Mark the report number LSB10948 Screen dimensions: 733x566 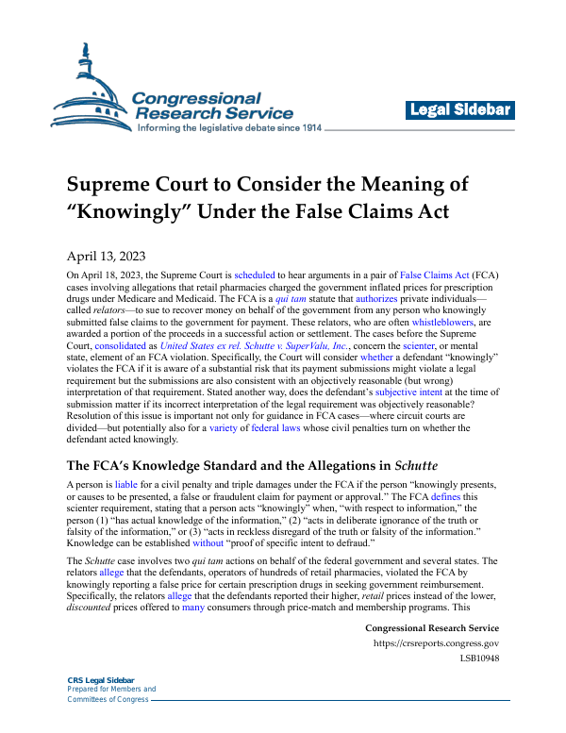click(479, 658)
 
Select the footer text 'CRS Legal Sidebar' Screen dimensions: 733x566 click(101, 680)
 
